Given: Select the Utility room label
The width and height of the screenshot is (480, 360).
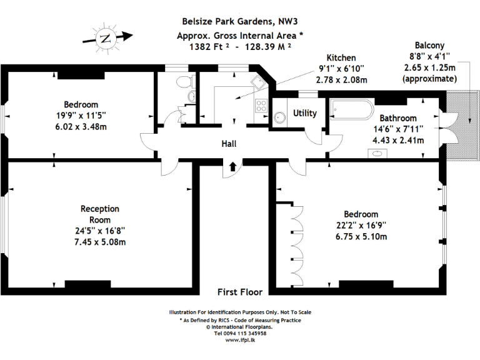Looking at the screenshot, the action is pos(305,113).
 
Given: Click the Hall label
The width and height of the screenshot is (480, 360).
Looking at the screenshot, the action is pos(229,144).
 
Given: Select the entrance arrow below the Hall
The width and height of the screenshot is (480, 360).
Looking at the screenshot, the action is pos(232,166).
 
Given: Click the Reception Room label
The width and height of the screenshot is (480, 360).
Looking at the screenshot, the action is pos(100,214).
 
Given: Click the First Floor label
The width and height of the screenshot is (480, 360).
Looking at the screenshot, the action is pos(240,291).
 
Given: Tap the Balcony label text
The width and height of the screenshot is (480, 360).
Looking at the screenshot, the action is pos(430,46).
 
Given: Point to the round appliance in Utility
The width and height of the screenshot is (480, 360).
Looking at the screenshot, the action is pos(279,115).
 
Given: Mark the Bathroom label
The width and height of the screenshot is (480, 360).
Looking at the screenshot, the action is pos(398,117).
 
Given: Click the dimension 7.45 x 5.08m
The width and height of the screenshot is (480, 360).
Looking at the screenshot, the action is pos(100,241).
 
